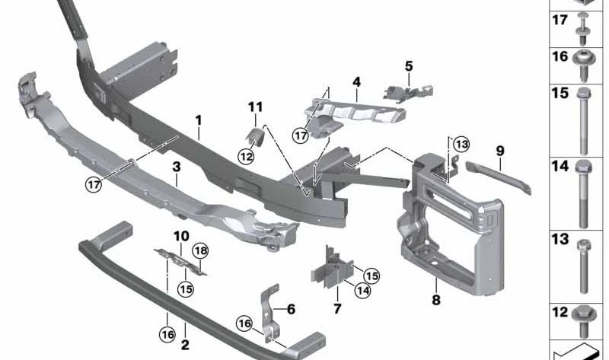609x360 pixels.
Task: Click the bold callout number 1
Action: pos(198,120)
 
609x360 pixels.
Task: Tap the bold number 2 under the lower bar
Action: pos(185,345)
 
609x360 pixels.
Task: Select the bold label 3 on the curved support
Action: pos(176,167)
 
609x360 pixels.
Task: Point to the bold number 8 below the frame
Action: pos(436,300)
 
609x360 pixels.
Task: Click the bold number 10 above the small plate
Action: pos(180,236)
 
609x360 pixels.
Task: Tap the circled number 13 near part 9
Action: pos(461,145)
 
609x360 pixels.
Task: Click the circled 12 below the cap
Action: pos(246,156)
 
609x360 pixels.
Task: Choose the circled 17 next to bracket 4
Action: pos(302,135)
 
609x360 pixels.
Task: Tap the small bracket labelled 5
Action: pos(412,91)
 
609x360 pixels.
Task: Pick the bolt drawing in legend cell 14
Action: pos(582,194)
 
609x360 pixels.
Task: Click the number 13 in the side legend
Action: pos(560,240)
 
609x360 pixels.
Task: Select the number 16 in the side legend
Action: pos(560,57)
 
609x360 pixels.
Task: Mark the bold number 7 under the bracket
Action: pos(337,308)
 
